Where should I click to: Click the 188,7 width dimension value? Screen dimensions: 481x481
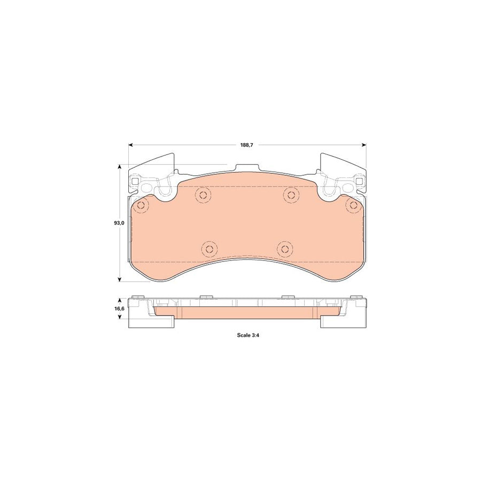click(x=246, y=145)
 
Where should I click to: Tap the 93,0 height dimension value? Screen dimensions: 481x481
click(x=119, y=223)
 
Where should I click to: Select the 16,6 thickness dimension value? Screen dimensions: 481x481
click(x=120, y=308)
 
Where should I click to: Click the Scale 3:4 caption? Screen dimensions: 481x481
click(x=249, y=335)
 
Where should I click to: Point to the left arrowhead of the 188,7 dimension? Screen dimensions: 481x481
click(x=130, y=145)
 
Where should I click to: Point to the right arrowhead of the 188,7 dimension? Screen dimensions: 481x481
click(x=364, y=145)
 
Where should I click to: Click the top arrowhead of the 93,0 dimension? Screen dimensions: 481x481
click(x=120, y=167)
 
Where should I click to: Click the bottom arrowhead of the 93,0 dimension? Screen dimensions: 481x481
click(x=120, y=279)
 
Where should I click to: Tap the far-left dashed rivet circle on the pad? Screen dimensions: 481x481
click(x=141, y=206)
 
